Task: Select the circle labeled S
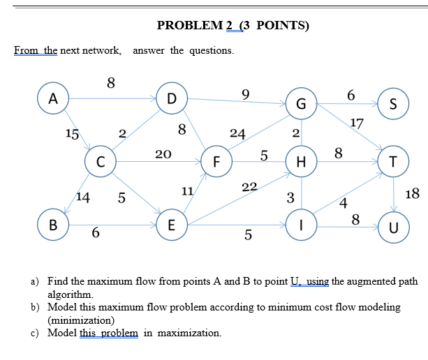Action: tap(393, 105)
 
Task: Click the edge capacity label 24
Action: tap(237, 134)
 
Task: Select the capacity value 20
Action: tap(163, 153)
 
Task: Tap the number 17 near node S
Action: tap(357, 124)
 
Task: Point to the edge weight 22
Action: tap(249, 186)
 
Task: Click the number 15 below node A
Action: tap(72, 133)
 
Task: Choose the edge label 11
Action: tap(187, 190)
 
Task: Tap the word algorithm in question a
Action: tap(68, 294)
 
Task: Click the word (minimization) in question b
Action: tap(80, 320)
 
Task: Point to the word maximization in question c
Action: tap(190, 333)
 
